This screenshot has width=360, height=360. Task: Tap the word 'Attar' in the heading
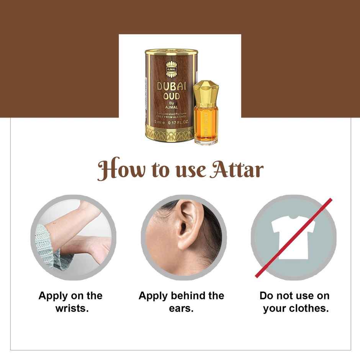(236, 170)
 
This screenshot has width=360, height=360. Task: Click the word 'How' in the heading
(115, 170)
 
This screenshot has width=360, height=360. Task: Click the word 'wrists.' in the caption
(72, 308)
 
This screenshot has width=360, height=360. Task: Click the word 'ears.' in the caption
(181, 308)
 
